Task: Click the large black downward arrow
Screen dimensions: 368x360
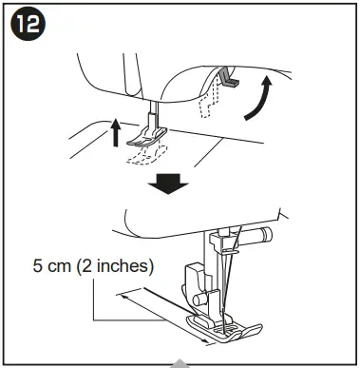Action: (x=171, y=181)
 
